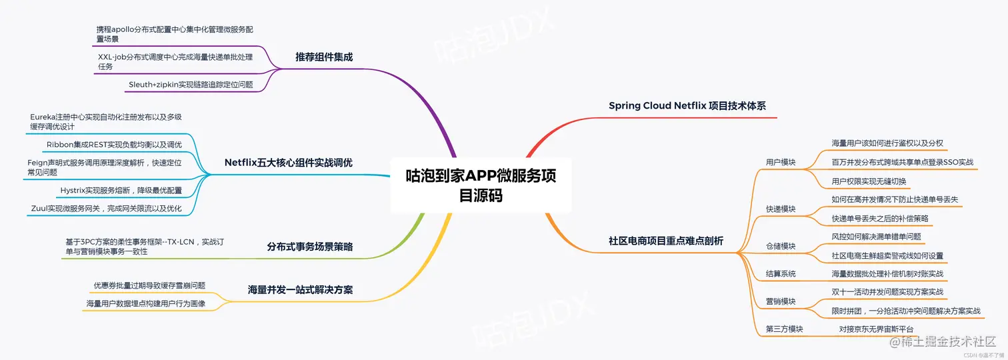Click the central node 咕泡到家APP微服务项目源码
[x=481, y=185]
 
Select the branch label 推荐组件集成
[x=324, y=57]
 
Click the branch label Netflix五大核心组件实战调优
[x=289, y=163]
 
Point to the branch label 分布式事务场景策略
[x=310, y=247]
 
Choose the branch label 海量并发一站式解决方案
[x=300, y=290]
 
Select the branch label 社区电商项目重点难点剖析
[x=666, y=241]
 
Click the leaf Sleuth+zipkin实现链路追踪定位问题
[x=191, y=85]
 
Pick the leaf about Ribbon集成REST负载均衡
[x=114, y=145]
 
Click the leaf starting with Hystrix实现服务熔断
[x=121, y=191]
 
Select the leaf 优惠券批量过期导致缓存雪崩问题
[x=149, y=285]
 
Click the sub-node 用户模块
[x=781, y=162]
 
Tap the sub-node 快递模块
[x=781, y=209]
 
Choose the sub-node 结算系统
[x=781, y=274]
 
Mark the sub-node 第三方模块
[x=785, y=329]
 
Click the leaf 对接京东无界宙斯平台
[x=876, y=329]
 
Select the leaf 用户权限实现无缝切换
[x=869, y=181]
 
